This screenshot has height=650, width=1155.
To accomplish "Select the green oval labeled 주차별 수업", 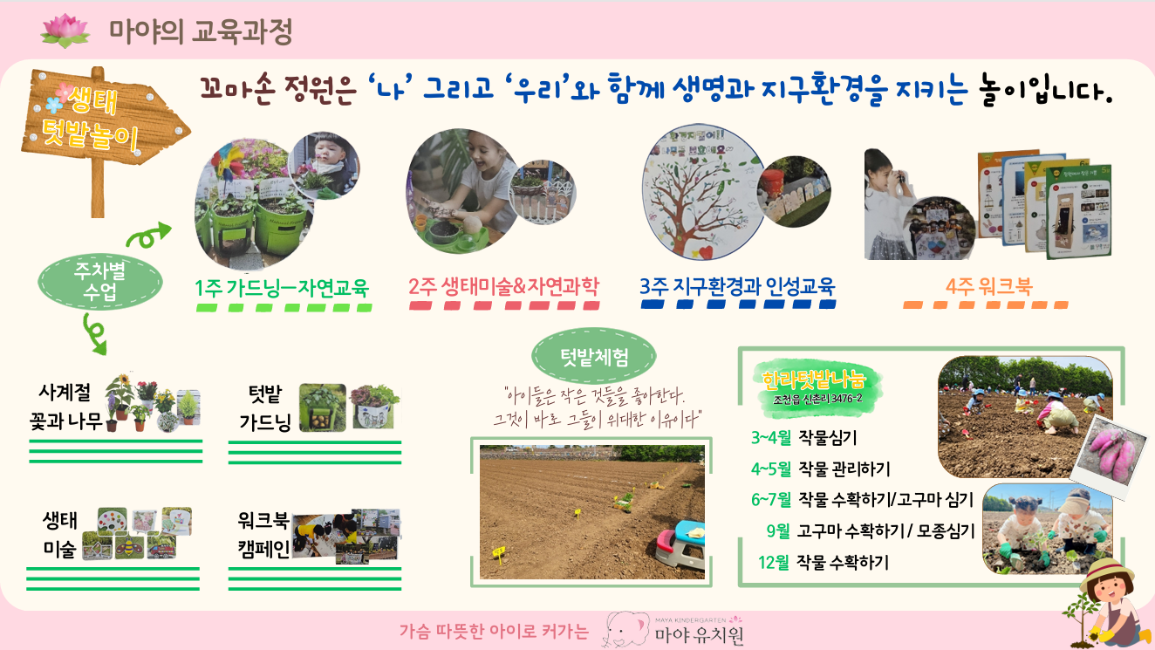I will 101,281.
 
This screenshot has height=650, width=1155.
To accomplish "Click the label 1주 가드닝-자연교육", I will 283,287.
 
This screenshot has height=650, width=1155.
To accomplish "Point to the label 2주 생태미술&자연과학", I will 503,287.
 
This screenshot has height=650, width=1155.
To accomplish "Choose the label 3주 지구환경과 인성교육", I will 737,287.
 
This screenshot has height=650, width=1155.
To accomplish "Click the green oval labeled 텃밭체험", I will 593,357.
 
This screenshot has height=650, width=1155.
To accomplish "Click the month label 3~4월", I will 770,438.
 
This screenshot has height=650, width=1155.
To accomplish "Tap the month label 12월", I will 774,563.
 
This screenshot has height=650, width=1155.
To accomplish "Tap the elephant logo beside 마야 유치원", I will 628,630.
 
